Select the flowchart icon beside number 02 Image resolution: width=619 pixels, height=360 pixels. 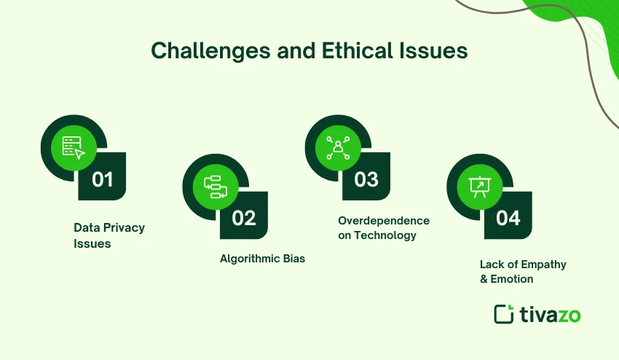216,187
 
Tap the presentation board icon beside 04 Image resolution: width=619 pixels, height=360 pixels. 479,187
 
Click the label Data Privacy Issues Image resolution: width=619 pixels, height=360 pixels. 109,235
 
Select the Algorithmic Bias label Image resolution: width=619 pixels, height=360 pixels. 262,259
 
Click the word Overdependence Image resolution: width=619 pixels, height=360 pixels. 384,221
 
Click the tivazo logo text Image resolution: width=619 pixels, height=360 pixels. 551,314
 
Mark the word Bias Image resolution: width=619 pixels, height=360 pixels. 293,259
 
